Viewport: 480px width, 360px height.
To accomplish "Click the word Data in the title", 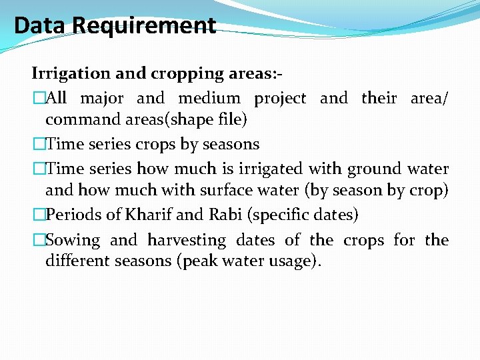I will coord(41,25).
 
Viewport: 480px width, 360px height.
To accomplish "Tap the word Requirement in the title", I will coord(144,25).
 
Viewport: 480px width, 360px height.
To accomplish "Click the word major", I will coord(101,99).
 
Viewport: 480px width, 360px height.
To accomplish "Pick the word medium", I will coord(209,99).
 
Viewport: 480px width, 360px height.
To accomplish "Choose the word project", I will coord(280,99).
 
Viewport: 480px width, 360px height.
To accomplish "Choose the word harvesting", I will coord(187,240).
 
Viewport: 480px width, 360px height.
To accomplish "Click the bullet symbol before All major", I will coord(38,99).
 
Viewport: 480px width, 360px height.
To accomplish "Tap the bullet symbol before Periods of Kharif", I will coord(38,215).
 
